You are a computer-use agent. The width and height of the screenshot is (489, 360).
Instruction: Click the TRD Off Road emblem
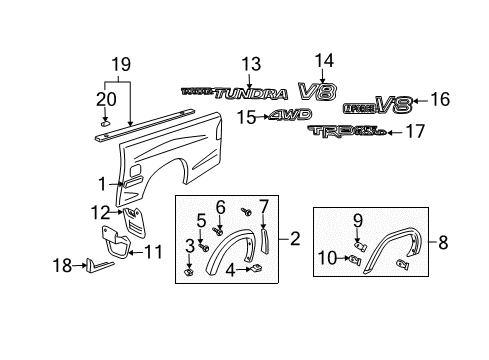click(x=345, y=132)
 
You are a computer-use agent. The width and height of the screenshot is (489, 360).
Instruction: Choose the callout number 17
click(x=414, y=131)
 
